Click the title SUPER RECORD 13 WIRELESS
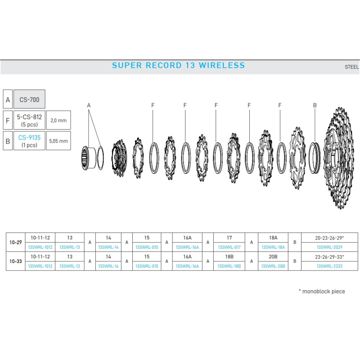(178, 65)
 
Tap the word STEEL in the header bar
(351, 67)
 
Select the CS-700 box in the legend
(29, 99)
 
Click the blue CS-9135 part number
(29, 138)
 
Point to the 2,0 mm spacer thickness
(58, 120)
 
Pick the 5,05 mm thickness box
(58, 141)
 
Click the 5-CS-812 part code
(29, 117)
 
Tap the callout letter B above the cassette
(315, 105)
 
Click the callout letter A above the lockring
(89, 105)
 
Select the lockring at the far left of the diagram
(88, 158)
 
